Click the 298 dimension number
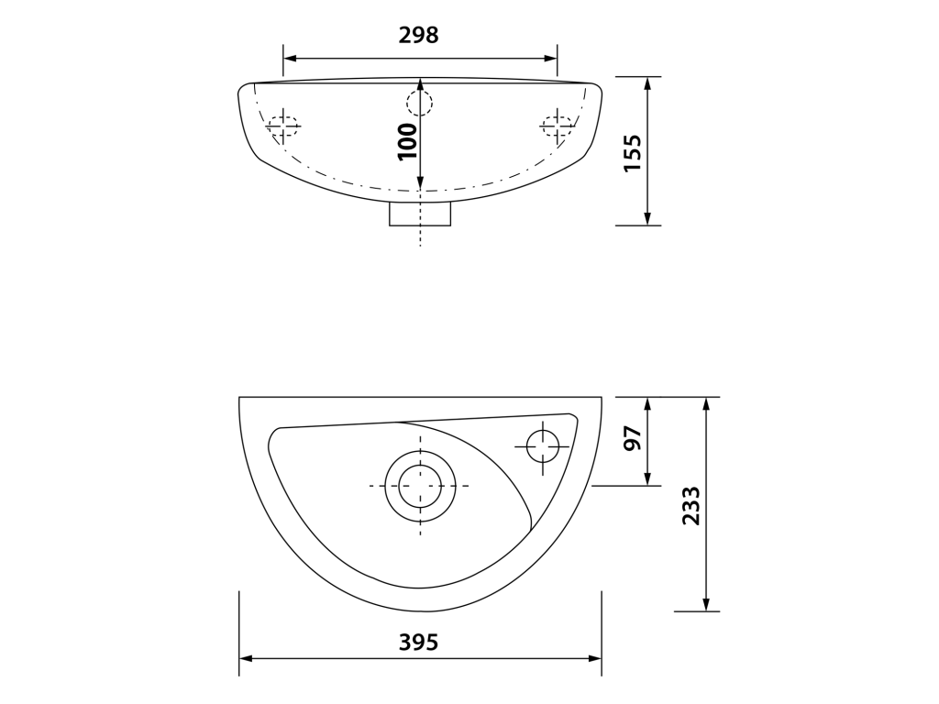(x=418, y=36)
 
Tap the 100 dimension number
(x=407, y=141)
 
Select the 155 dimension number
(x=633, y=153)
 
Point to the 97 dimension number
(x=633, y=438)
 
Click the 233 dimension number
(x=691, y=506)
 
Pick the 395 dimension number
(x=418, y=643)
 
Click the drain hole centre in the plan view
(x=420, y=486)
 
